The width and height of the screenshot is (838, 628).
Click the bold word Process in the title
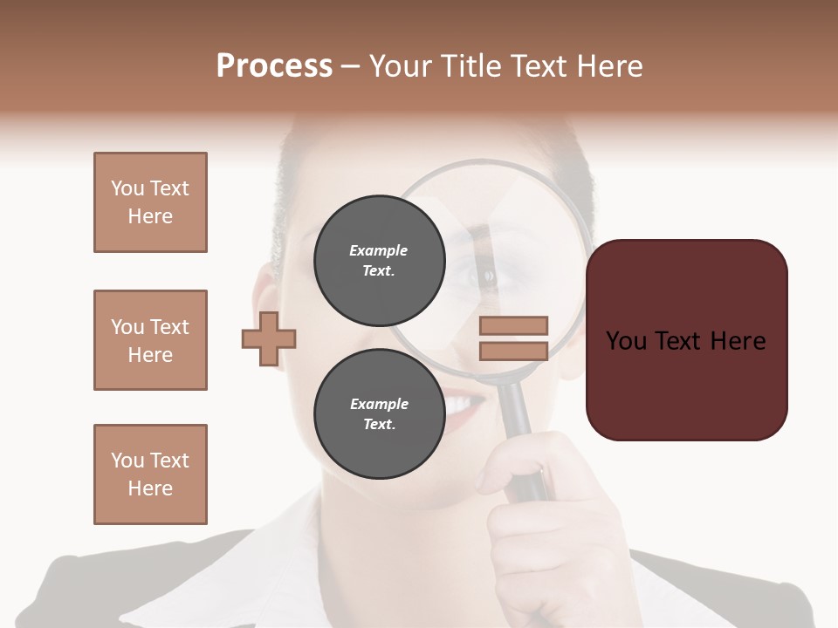(274, 65)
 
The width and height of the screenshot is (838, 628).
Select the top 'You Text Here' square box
(150, 202)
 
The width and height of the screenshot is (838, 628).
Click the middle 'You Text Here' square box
(150, 340)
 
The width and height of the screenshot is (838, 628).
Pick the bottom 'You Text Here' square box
(150, 474)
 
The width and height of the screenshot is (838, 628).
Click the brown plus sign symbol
(269, 338)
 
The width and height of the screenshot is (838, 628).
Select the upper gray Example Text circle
(379, 260)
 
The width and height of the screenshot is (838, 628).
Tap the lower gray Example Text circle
(379, 413)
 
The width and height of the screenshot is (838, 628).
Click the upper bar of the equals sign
(513, 326)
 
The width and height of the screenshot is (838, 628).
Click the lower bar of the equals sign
(513, 351)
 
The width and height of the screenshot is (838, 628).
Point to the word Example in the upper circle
(378, 250)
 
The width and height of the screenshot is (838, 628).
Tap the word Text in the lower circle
(378, 425)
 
